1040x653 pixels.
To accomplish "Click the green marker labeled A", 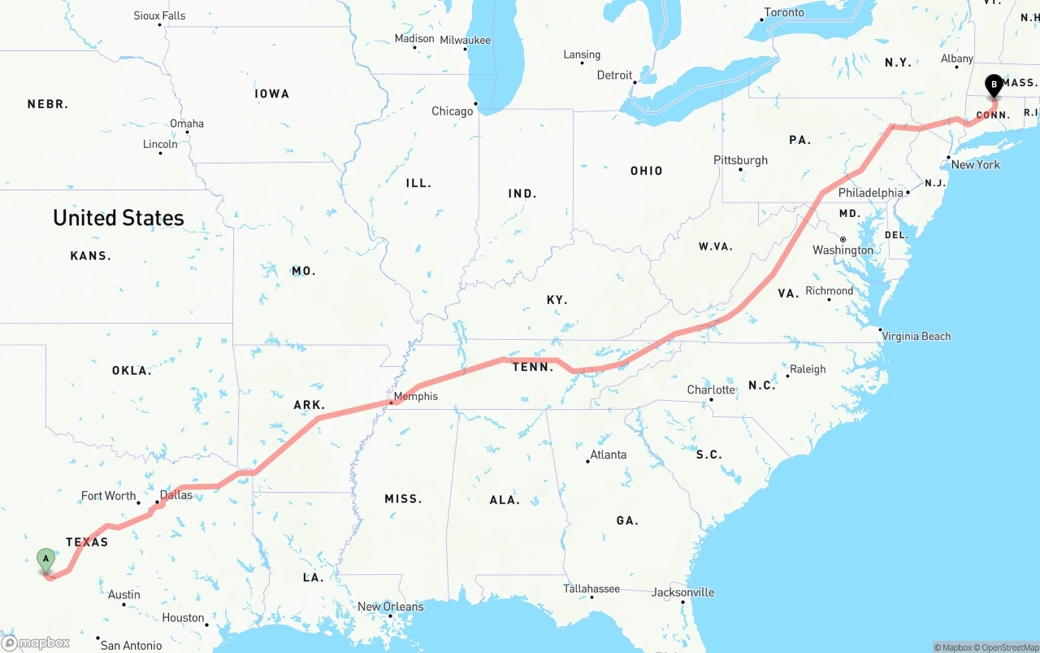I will (x=46, y=559).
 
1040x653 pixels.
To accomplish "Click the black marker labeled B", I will (x=994, y=85).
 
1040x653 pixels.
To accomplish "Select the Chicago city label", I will (x=452, y=111).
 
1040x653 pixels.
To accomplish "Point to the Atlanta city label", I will (x=608, y=455).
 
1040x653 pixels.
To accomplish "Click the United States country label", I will (x=119, y=218).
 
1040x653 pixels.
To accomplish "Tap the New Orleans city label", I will (x=390, y=607).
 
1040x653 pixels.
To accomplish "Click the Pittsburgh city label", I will (x=740, y=160).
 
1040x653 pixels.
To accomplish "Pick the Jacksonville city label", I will (x=682, y=592).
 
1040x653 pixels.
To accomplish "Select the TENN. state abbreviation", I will (x=532, y=368).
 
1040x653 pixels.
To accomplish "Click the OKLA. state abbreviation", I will (x=132, y=371).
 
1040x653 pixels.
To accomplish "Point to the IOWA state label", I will (x=271, y=94).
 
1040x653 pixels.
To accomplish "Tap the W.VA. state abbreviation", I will (x=715, y=246).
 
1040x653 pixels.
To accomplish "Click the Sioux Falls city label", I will (x=159, y=15).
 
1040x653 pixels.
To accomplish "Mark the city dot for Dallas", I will (x=158, y=503).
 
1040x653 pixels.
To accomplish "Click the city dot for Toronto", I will (x=763, y=20).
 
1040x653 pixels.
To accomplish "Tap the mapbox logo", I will (x=36, y=643).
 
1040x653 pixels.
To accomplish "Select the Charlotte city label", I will (x=711, y=390).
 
